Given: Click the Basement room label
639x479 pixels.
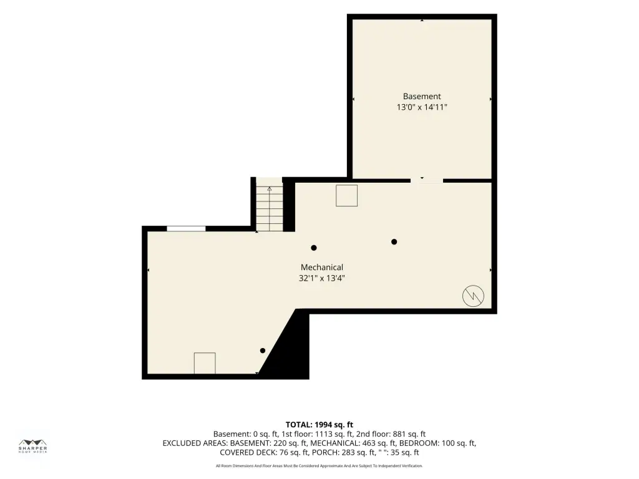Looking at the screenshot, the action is point(422,97).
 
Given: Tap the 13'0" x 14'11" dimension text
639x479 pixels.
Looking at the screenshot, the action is point(422,107).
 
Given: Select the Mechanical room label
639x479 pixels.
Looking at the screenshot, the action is point(322,267).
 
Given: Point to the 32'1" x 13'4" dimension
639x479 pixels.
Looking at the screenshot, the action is point(322,278).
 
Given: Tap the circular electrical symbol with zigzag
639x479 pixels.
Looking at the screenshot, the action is point(473,296).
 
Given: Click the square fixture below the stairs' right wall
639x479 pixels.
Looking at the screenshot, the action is point(347,195).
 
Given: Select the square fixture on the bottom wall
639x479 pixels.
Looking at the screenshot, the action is point(205,363).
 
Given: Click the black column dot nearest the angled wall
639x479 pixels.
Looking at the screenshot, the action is point(263,351).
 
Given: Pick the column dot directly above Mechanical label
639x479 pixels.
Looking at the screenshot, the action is point(314,248).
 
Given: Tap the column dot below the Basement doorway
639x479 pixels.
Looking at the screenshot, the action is point(394,242).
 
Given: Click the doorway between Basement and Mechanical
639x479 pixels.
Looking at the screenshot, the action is point(427,180).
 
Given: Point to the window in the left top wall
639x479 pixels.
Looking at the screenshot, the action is point(186,228).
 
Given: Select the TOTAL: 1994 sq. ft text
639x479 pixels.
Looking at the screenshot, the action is point(319,424).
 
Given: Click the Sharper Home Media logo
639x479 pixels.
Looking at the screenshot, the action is point(32,447).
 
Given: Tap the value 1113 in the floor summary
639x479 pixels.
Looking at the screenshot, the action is point(324,434).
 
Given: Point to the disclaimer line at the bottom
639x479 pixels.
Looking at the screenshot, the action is point(319,465).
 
